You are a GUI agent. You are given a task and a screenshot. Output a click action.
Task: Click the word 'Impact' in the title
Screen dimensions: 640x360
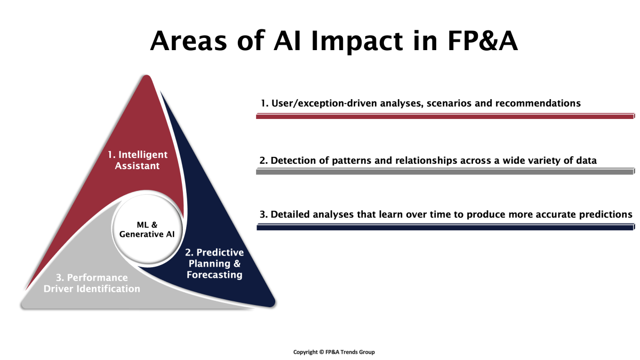357,42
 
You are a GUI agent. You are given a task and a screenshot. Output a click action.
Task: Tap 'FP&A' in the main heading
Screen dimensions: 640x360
483,41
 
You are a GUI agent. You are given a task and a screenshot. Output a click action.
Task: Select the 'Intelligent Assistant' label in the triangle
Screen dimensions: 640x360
138,160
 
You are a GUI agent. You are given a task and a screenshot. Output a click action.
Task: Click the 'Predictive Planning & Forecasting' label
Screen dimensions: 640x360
214,263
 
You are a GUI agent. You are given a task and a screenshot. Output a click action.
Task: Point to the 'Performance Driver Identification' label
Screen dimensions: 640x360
92,283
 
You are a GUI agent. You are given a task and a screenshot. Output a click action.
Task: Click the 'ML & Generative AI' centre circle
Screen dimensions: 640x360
147,229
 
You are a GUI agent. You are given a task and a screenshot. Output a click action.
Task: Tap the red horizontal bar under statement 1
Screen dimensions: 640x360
445,116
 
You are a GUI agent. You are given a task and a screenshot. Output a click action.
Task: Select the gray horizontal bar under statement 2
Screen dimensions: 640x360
445,171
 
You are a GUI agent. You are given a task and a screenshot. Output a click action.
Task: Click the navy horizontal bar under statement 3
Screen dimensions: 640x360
445,227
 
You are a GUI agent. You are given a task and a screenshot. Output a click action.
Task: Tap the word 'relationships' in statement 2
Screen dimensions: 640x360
426,161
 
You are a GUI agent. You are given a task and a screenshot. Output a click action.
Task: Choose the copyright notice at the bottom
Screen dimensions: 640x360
334,352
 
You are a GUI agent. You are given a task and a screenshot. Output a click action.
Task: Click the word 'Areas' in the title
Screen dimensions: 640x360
189,41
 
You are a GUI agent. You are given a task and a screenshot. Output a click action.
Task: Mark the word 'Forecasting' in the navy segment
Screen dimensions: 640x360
214,275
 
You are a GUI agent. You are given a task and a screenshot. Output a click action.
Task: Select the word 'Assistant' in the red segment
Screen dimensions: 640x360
138,166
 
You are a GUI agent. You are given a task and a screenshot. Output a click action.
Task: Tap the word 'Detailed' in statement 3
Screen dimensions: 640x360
290,214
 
